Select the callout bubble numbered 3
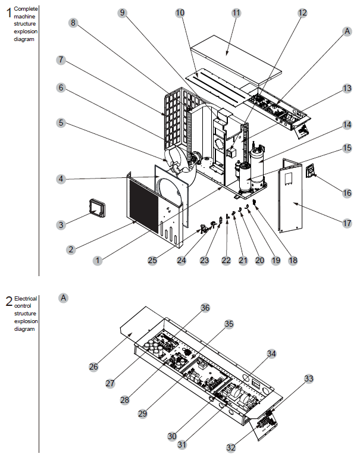coord(61,224)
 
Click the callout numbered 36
coord(205,308)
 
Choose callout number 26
coord(93,367)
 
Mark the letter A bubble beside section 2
coord(64,296)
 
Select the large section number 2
coord(8,302)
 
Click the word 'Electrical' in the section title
coord(26,298)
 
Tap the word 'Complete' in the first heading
coord(24,8)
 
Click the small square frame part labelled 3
coord(96,208)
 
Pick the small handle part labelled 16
coord(310,171)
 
